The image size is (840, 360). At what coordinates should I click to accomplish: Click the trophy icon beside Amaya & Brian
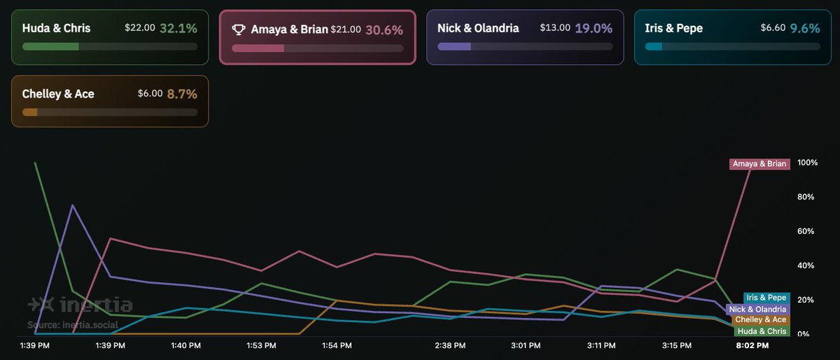point(239,29)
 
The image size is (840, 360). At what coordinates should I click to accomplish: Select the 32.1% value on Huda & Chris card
point(178,29)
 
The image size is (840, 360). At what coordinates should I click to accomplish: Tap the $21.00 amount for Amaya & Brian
point(346,29)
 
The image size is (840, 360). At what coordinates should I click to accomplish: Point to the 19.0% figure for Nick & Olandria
point(594,29)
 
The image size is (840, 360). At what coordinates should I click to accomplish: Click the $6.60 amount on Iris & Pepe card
point(773,29)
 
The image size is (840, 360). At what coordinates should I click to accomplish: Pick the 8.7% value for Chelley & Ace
point(182,94)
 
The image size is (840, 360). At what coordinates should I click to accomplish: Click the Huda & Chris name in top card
point(56,29)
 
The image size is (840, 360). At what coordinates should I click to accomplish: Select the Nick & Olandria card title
point(478,29)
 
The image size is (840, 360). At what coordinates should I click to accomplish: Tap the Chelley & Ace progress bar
point(109,112)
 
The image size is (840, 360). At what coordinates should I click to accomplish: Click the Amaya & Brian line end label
point(759,164)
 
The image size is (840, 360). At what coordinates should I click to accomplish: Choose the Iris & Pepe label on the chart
point(766,298)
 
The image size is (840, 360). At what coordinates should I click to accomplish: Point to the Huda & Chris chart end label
point(763,331)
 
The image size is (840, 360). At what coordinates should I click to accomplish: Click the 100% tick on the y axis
point(807,162)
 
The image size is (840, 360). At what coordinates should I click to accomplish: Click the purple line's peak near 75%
point(73,205)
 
